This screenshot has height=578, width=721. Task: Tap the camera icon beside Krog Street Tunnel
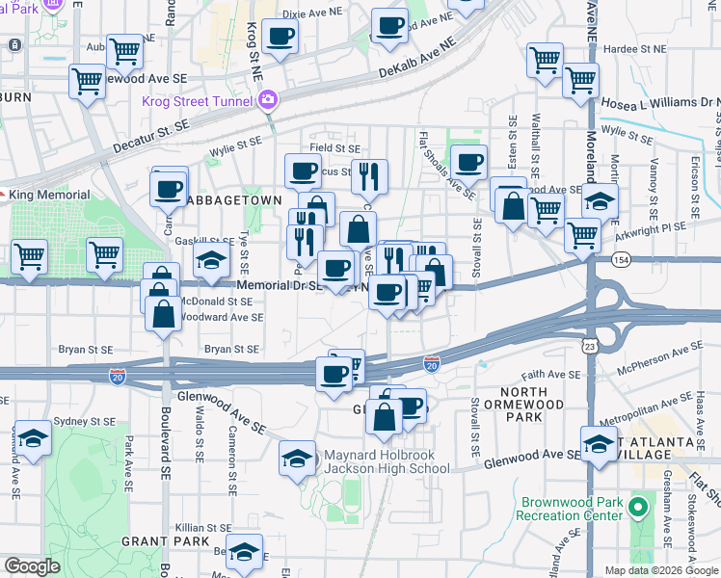(x=268, y=99)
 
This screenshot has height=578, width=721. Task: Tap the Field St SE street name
(x=334, y=148)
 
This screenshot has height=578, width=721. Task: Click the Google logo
(x=33, y=566)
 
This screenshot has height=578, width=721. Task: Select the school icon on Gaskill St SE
(x=211, y=259)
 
